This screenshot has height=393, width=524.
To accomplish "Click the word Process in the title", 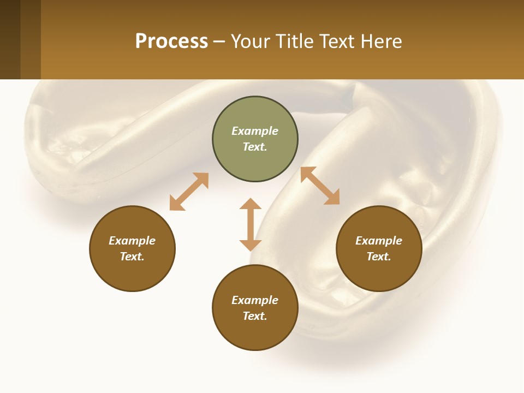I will (x=171, y=41).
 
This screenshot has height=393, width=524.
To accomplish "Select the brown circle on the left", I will (x=132, y=248).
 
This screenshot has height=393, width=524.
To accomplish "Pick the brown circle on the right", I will (x=379, y=248).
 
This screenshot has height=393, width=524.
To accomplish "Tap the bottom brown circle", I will (x=255, y=308).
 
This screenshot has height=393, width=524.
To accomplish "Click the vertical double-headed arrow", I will (x=251, y=224).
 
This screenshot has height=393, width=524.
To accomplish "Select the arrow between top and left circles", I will (x=189, y=192).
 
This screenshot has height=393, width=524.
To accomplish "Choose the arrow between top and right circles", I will (x=320, y=186).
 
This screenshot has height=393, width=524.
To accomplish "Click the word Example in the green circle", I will (x=255, y=131).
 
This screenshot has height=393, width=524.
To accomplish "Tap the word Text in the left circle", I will (x=132, y=257).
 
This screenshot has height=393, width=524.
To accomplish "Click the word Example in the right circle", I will (x=379, y=241).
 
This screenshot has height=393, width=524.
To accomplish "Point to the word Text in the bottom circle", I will (x=255, y=316).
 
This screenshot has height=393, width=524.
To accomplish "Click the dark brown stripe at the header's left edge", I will (x=10, y=39).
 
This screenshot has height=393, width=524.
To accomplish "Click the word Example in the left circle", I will (x=132, y=241).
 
